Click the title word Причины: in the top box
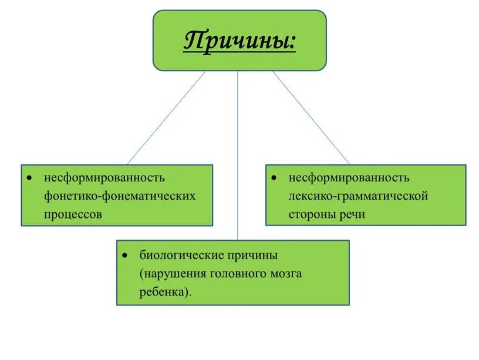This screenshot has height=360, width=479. tap(239, 42)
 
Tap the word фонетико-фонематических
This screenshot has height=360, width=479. tap(120, 196)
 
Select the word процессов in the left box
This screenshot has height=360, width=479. tap(73, 214)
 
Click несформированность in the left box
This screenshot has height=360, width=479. tap(104, 177)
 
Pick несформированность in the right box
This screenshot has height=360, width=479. tap(349, 177)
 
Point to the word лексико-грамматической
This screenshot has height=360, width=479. tap(358, 196)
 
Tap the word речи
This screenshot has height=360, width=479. tap(352, 214)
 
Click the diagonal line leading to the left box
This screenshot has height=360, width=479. tap(167, 117)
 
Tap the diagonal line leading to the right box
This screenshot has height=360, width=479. tap(311, 117)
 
